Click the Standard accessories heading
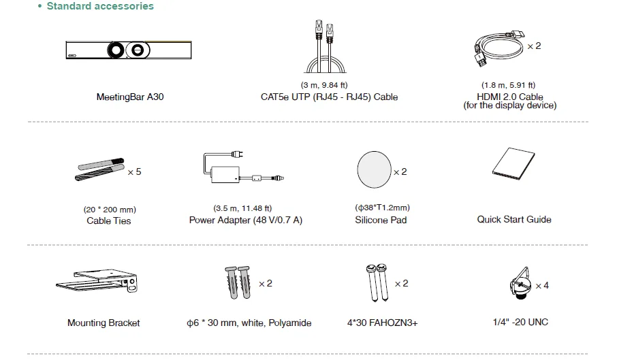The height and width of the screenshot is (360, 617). click(x=99, y=6)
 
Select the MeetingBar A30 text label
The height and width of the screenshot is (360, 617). click(x=130, y=97)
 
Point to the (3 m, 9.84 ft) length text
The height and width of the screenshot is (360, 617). click(x=329, y=84)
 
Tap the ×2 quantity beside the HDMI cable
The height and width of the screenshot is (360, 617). click(x=534, y=46)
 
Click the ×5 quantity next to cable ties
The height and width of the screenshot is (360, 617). click(x=134, y=171)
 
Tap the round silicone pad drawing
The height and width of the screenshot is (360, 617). click(x=374, y=170)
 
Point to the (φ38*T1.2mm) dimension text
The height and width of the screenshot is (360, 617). click(x=382, y=208)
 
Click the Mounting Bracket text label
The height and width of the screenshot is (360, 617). click(x=104, y=323)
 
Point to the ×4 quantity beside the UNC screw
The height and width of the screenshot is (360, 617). click(x=542, y=285)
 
